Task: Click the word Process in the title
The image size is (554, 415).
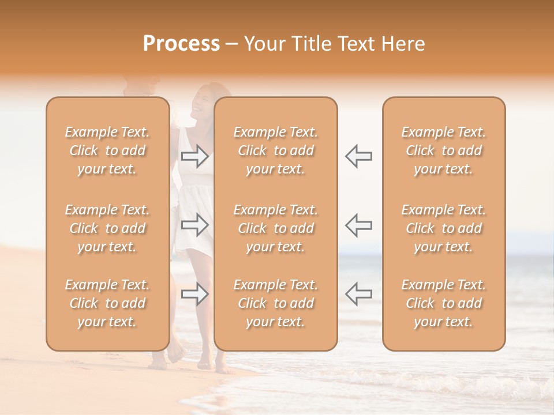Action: tap(181, 44)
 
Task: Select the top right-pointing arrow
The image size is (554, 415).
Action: tap(195, 156)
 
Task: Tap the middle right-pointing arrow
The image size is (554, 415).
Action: tap(195, 225)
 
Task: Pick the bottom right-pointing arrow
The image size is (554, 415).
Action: tap(195, 293)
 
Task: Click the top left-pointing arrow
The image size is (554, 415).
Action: tap(358, 156)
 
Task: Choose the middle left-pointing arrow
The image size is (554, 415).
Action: tap(358, 224)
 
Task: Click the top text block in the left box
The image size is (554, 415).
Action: tap(107, 150)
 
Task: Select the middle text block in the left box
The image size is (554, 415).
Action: tap(107, 228)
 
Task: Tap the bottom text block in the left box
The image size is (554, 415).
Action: tap(107, 303)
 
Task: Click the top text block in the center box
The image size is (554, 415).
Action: tap(276, 150)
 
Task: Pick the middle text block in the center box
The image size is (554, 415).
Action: tap(276, 228)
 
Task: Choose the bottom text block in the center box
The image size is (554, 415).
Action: tap(276, 303)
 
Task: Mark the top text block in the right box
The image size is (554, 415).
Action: tap(444, 150)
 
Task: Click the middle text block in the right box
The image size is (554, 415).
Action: tap(444, 228)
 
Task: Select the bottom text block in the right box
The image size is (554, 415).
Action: tap(444, 303)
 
